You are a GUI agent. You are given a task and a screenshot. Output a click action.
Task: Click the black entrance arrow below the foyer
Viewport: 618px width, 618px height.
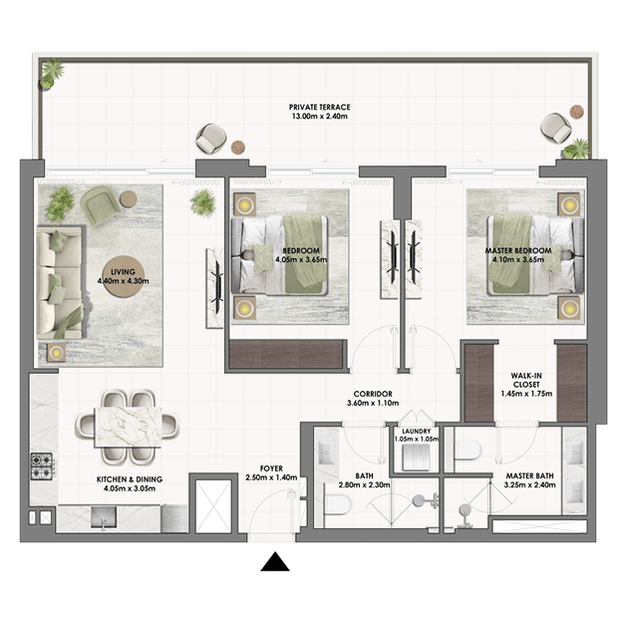pyautogui.click(x=275, y=561)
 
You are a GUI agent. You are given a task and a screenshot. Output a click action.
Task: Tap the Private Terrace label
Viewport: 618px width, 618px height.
pyautogui.click(x=320, y=108)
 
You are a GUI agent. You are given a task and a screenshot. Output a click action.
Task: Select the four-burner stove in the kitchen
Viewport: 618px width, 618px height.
pyautogui.click(x=42, y=466)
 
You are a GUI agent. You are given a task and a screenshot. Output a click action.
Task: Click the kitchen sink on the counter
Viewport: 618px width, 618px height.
pyautogui.click(x=104, y=517)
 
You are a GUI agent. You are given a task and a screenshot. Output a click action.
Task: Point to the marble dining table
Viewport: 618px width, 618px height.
pyautogui.click(x=129, y=428)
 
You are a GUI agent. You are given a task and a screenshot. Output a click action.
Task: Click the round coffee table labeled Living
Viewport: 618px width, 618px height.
pyautogui.click(x=124, y=277)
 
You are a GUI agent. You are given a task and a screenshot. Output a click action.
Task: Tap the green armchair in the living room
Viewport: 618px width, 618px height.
pyautogui.click(x=100, y=205)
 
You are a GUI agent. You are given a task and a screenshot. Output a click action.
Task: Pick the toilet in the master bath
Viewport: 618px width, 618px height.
pyautogui.click(x=467, y=450)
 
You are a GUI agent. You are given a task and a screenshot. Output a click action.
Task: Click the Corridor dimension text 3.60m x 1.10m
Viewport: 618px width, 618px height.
pyautogui.click(x=373, y=404)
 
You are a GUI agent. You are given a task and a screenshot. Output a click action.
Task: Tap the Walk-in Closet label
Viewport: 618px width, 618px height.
pyautogui.click(x=526, y=380)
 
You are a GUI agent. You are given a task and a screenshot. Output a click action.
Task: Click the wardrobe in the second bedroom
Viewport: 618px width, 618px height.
pyautogui.click(x=286, y=354)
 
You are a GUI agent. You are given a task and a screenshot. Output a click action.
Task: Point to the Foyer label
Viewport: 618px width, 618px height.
pyautogui.click(x=271, y=468)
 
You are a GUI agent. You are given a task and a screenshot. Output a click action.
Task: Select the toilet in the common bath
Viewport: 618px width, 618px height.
pyautogui.click(x=337, y=505)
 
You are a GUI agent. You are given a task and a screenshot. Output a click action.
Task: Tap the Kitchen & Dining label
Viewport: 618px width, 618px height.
pyautogui.click(x=130, y=479)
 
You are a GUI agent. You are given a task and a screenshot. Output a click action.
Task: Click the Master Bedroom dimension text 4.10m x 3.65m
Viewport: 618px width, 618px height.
pyautogui.click(x=518, y=260)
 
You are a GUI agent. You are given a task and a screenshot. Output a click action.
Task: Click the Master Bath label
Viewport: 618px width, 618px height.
pyautogui.click(x=530, y=476)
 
